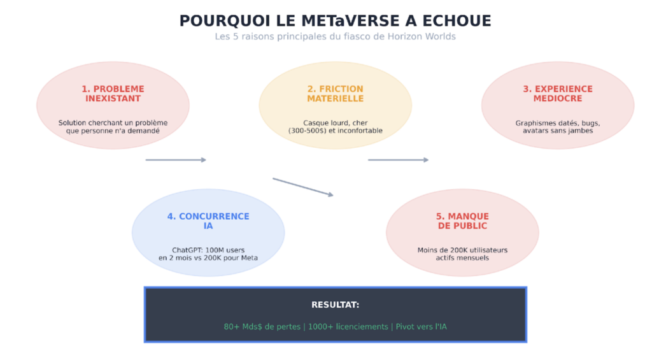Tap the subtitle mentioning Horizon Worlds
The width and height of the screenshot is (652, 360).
(x=335, y=36)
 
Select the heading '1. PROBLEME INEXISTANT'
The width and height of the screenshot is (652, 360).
(x=113, y=94)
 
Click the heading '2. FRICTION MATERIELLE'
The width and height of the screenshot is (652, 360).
(x=335, y=94)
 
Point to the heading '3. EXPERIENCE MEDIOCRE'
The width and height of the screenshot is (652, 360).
(x=558, y=94)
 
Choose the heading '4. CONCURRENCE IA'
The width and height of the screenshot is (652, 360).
(x=208, y=221)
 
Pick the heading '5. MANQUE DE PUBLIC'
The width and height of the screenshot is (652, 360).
(x=462, y=221)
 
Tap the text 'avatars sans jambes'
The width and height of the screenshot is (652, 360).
(x=558, y=131)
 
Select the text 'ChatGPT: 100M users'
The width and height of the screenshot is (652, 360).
(x=208, y=250)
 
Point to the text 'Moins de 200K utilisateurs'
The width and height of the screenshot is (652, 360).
(x=462, y=250)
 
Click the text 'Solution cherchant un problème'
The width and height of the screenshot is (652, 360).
(x=113, y=123)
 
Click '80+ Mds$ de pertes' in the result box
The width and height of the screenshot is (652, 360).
(x=262, y=327)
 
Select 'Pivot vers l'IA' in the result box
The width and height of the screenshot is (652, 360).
(x=421, y=327)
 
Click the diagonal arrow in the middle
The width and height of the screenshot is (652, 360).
(x=302, y=187)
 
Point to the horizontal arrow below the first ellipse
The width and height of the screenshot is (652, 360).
(x=176, y=160)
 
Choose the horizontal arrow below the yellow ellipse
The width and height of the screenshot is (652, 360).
(x=398, y=160)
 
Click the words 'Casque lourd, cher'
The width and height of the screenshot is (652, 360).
(x=335, y=123)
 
